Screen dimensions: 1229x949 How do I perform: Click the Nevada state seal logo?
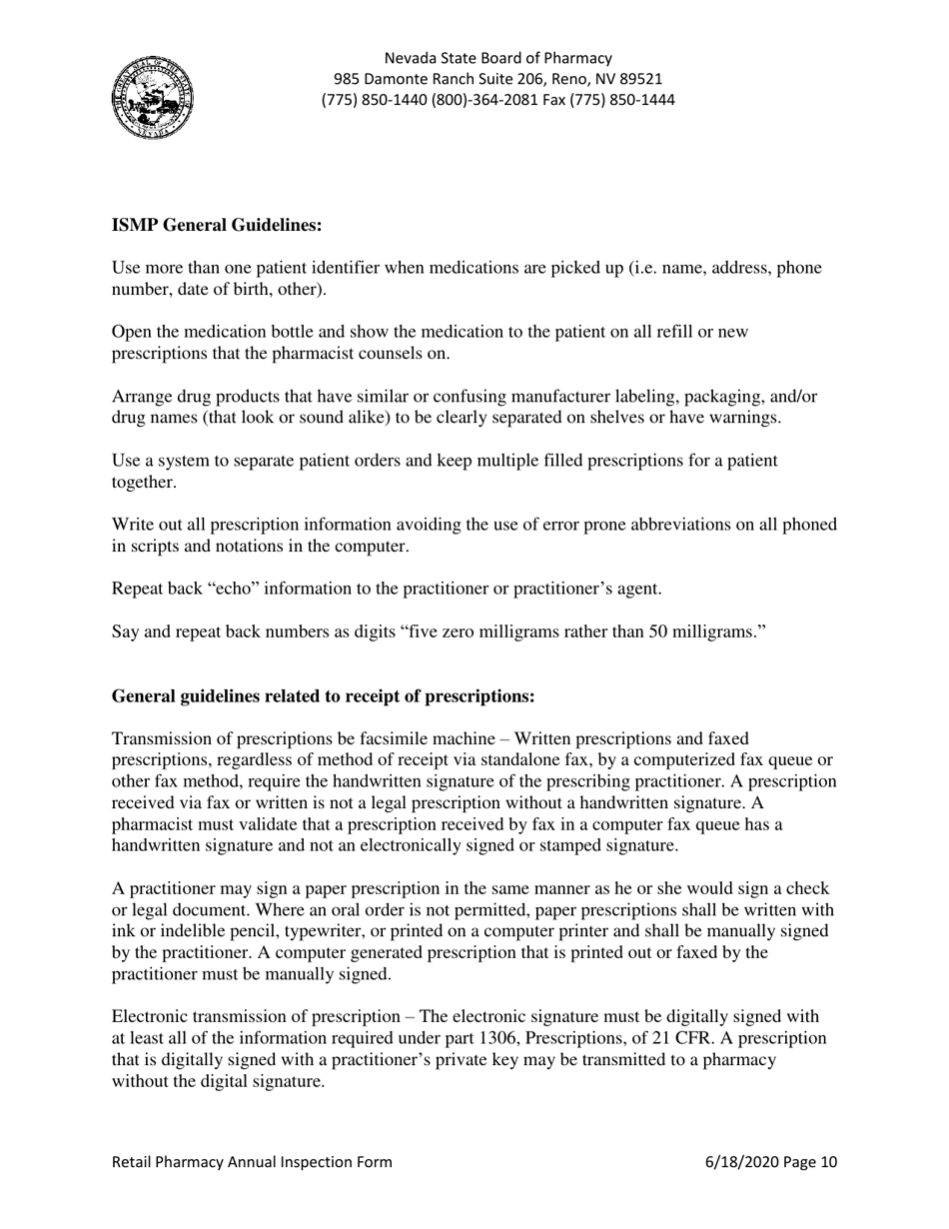coord(152,97)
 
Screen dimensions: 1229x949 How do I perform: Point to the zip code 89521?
coord(639,79)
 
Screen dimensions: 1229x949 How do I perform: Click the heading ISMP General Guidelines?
coord(217,226)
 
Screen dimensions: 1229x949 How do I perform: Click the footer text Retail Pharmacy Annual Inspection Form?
coord(252,1162)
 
